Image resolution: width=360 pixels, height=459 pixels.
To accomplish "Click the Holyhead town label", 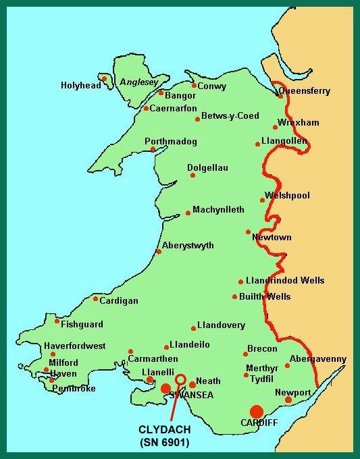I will pos(80,86).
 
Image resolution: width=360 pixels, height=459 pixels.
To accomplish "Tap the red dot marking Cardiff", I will pos(256,412).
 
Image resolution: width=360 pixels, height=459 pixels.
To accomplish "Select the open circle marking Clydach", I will pos(180,379).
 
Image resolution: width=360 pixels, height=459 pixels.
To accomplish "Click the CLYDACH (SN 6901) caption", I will pos(165,435).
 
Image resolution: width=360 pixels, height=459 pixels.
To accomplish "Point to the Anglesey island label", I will pos(138,82).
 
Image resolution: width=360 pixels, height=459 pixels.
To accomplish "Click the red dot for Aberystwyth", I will pos(159,252).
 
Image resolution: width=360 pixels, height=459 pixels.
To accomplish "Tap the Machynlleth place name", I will pos(218,210).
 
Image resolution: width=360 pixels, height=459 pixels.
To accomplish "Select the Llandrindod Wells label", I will pos(285,281).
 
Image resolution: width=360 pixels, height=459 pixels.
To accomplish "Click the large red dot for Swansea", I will pos(165,388).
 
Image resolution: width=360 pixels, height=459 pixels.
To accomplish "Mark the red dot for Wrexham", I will pos(275,127).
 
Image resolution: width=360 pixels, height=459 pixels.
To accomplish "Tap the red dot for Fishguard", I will pos(57,321).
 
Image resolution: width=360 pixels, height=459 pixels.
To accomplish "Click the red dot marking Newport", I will pos(288,400).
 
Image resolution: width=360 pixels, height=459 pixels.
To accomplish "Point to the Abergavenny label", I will pos(317,359).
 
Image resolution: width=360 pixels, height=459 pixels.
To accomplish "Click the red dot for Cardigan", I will pos(95,298).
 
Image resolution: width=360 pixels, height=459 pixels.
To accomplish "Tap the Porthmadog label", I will pos(171,142).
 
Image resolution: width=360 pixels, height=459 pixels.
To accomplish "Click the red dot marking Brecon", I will pos(245,353).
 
